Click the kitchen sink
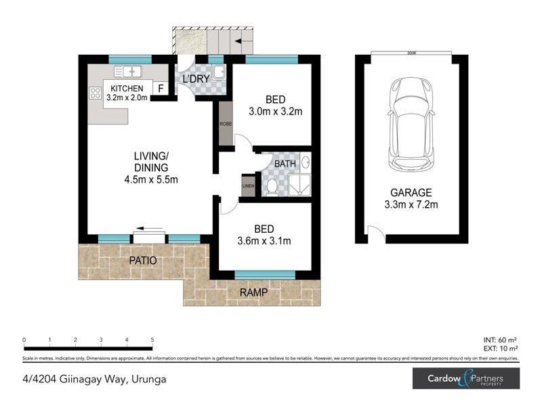click(x=127, y=70)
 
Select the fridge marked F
click(x=161, y=88)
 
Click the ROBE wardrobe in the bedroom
click(x=224, y=124)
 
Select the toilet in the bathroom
click(x=272, y=186)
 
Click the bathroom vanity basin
click(x=304, y=163)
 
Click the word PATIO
click(x=142, y=261)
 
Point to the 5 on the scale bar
click(x=152, y=340)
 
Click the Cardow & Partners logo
click(x=466, y=378)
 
